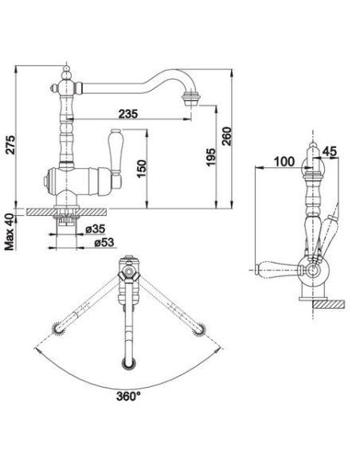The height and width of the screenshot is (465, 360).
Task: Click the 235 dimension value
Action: tap(128, 114)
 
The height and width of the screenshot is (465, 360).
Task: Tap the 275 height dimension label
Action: tap(11, 145)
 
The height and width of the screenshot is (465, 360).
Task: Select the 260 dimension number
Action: tap(226, 136)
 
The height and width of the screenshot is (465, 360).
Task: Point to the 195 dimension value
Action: tap(210, 157)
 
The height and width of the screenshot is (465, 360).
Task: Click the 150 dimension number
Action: tap(142, 169)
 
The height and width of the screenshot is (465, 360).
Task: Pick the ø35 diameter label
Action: tap(95, 229)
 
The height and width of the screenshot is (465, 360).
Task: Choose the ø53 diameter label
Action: tap(104, 242)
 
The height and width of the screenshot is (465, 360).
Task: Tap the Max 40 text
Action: tap(10, 232)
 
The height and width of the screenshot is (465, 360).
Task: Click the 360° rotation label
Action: tap(128, 397)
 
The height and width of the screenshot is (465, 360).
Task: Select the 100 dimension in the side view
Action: tap(284, 162)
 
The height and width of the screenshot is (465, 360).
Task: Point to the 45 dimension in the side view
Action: tap(330, 151)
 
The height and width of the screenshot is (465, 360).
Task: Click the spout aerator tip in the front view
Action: tap(191, 99)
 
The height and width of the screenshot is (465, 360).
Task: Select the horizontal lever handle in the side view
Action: tap(279, 270)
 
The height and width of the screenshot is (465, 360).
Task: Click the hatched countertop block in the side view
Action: tap(329, 305)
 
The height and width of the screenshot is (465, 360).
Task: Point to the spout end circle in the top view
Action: tap(129, 364)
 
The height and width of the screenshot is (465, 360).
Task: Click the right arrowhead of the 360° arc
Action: tap(219, 350)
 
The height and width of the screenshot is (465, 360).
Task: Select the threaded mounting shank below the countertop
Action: tap(66, 221)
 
